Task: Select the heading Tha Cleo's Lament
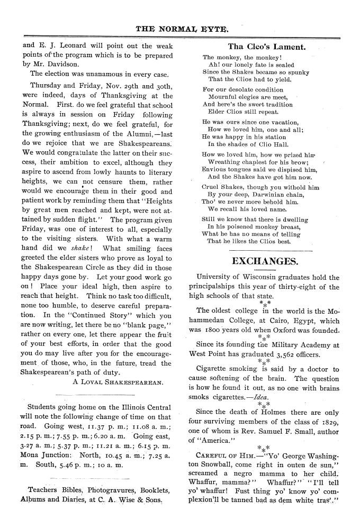pyautogui.click(x=266, y=47)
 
